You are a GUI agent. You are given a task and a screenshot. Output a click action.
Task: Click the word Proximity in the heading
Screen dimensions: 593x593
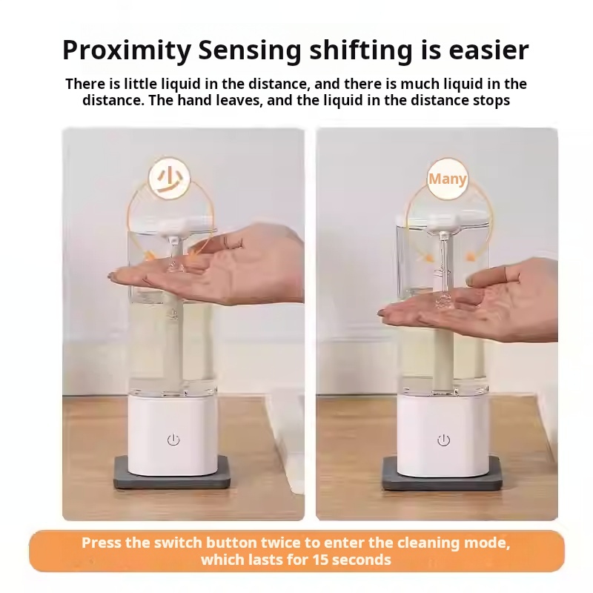(127, 50)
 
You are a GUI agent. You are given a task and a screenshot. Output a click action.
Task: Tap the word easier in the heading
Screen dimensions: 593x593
(488, 50)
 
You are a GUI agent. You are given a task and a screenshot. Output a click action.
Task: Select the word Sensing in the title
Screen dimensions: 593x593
(250, 50)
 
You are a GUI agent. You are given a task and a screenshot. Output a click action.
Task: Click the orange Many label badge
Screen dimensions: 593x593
(448, 179)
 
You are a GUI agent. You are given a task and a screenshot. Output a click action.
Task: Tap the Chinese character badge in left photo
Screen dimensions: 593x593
(169, 178)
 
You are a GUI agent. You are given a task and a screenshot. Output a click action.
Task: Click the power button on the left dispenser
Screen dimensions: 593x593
(173, 440)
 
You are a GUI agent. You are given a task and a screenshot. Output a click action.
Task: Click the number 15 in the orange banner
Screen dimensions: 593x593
(321, 560)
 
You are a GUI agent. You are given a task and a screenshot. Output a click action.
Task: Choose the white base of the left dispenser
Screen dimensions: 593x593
(173, 434)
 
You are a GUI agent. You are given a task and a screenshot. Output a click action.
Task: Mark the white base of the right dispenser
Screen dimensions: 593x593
(443, 435)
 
